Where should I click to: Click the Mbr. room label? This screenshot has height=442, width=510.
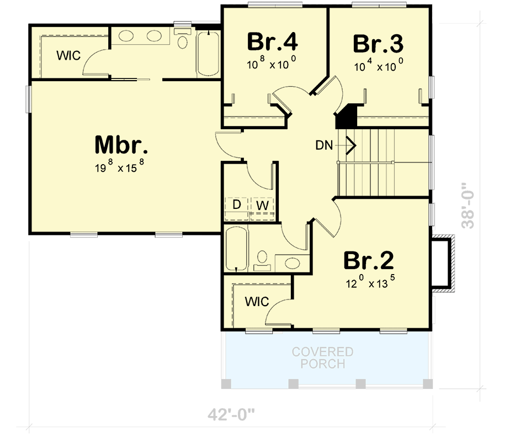tap(121, 145)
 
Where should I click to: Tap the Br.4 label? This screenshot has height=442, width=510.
tap(273, 42)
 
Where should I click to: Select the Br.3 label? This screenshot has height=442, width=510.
tap(378, 43)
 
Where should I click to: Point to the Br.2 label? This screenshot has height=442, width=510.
tap(369, 260)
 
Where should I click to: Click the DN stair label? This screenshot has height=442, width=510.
tap(324, 146)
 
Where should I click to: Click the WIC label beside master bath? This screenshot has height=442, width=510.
tap(69, 55)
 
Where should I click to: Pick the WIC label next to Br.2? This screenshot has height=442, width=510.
tap(257, 302)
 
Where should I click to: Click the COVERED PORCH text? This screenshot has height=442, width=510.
tap(322, 358)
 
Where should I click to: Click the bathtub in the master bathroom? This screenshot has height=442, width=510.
tap(209, 54)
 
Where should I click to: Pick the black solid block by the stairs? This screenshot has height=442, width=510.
tap(347, 117)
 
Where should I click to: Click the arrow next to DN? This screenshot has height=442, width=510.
tap(350, 146)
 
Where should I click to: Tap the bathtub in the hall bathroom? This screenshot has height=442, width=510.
tap(236, 249)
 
